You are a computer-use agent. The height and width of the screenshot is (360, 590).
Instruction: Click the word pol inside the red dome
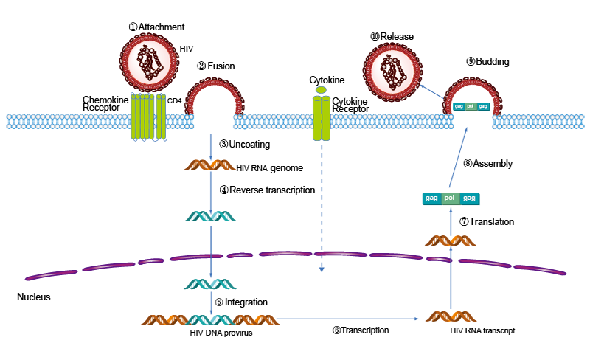click(470, 106)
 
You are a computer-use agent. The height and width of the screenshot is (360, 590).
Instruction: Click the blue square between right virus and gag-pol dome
click(431, 91)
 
